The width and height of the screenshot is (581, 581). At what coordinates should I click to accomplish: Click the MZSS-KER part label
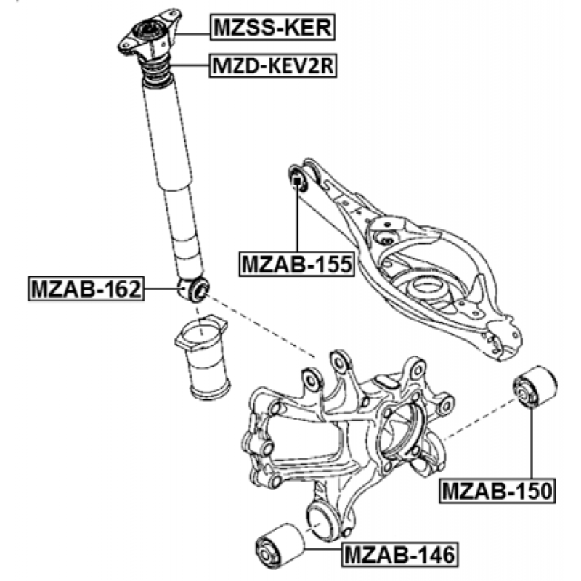tap(273, 27)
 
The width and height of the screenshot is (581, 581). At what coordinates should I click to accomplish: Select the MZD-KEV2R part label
tap(273, 66)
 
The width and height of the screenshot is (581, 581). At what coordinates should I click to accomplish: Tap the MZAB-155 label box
tap(296, 264)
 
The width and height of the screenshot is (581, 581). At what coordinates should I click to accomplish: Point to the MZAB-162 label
tap(86, 288)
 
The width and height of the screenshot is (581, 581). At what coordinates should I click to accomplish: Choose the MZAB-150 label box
tap(497, 491)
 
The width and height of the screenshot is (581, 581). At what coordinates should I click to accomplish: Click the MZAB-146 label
tap(400, 555)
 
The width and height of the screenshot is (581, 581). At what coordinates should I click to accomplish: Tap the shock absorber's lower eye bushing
tap(194, 288)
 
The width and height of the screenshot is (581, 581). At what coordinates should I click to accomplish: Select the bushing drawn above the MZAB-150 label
tap(535, 388)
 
